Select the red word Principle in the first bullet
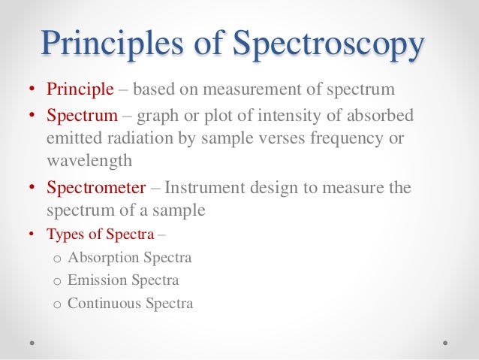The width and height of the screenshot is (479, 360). [x=80, y=91]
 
